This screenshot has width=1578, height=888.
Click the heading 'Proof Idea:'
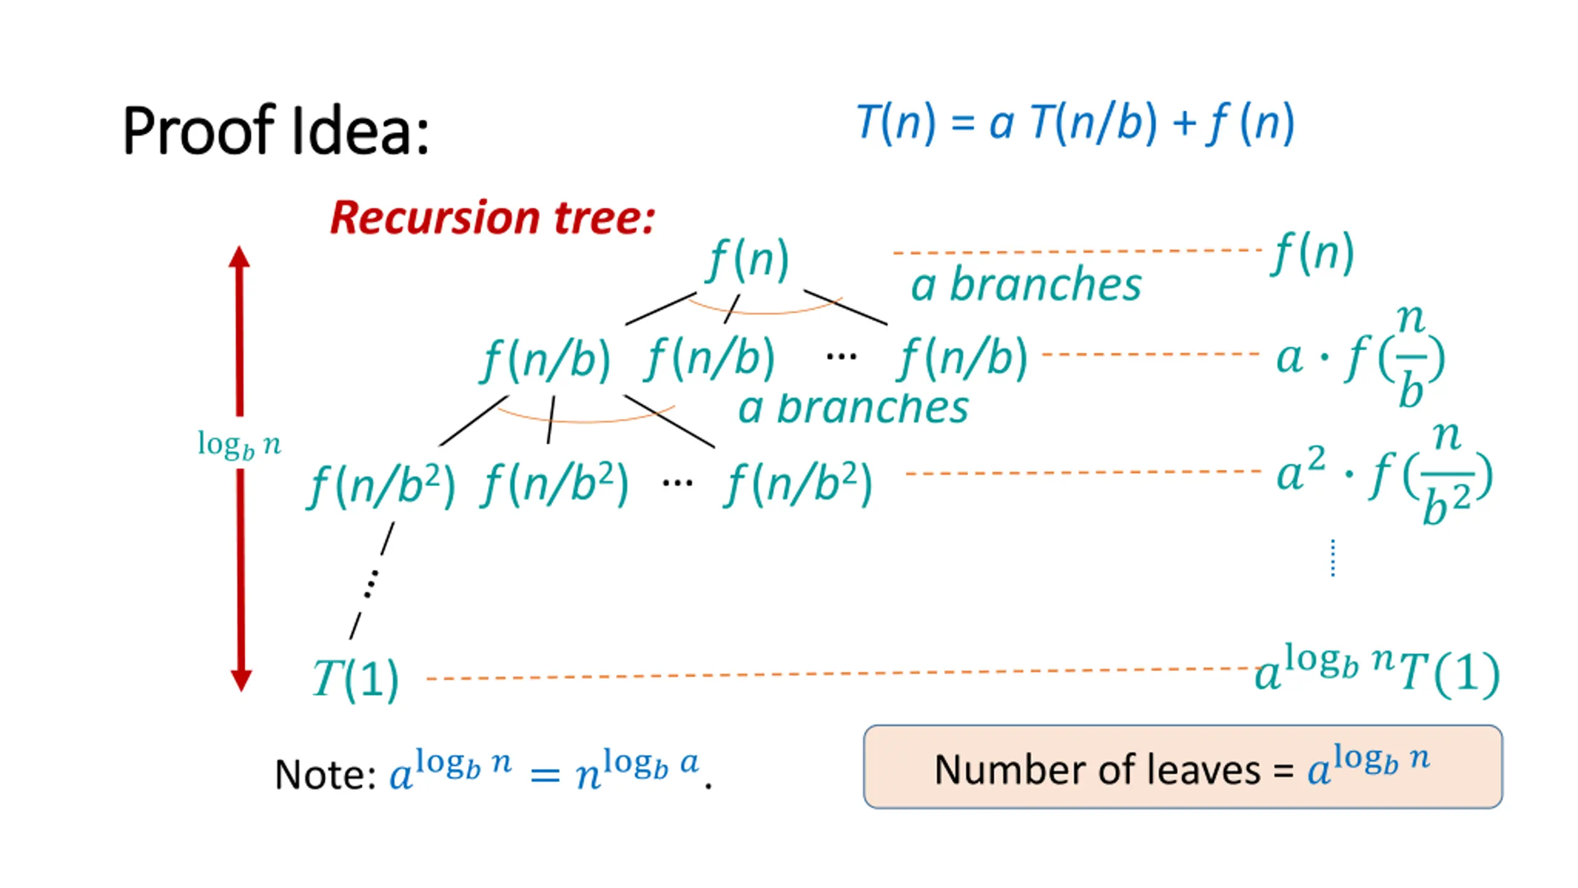[x=276, y=131]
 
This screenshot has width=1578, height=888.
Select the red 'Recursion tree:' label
[x=492, y=218]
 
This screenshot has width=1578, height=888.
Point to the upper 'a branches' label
[x=1026, y=285]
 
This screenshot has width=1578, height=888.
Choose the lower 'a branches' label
[x=854, y=408]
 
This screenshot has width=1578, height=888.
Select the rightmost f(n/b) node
[x=963, y=360]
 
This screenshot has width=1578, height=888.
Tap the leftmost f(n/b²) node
[x=381, y=485]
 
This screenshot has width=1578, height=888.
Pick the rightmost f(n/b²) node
[x=798, y=485]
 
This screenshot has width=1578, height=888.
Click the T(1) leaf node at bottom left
[x=356, y=679]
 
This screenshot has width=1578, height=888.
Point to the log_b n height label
[x=239, y=445]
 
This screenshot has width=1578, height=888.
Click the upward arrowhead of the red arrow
[x=239, y=258]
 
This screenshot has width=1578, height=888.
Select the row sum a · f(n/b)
[x=1359, y=358]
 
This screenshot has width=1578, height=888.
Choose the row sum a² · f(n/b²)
[x=1384, y=475]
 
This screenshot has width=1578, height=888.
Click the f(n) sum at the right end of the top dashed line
[x=1313, y=253]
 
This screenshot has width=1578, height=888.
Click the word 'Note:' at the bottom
[x=325, y=775]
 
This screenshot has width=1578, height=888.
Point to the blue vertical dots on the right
[x=1333, y=558]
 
